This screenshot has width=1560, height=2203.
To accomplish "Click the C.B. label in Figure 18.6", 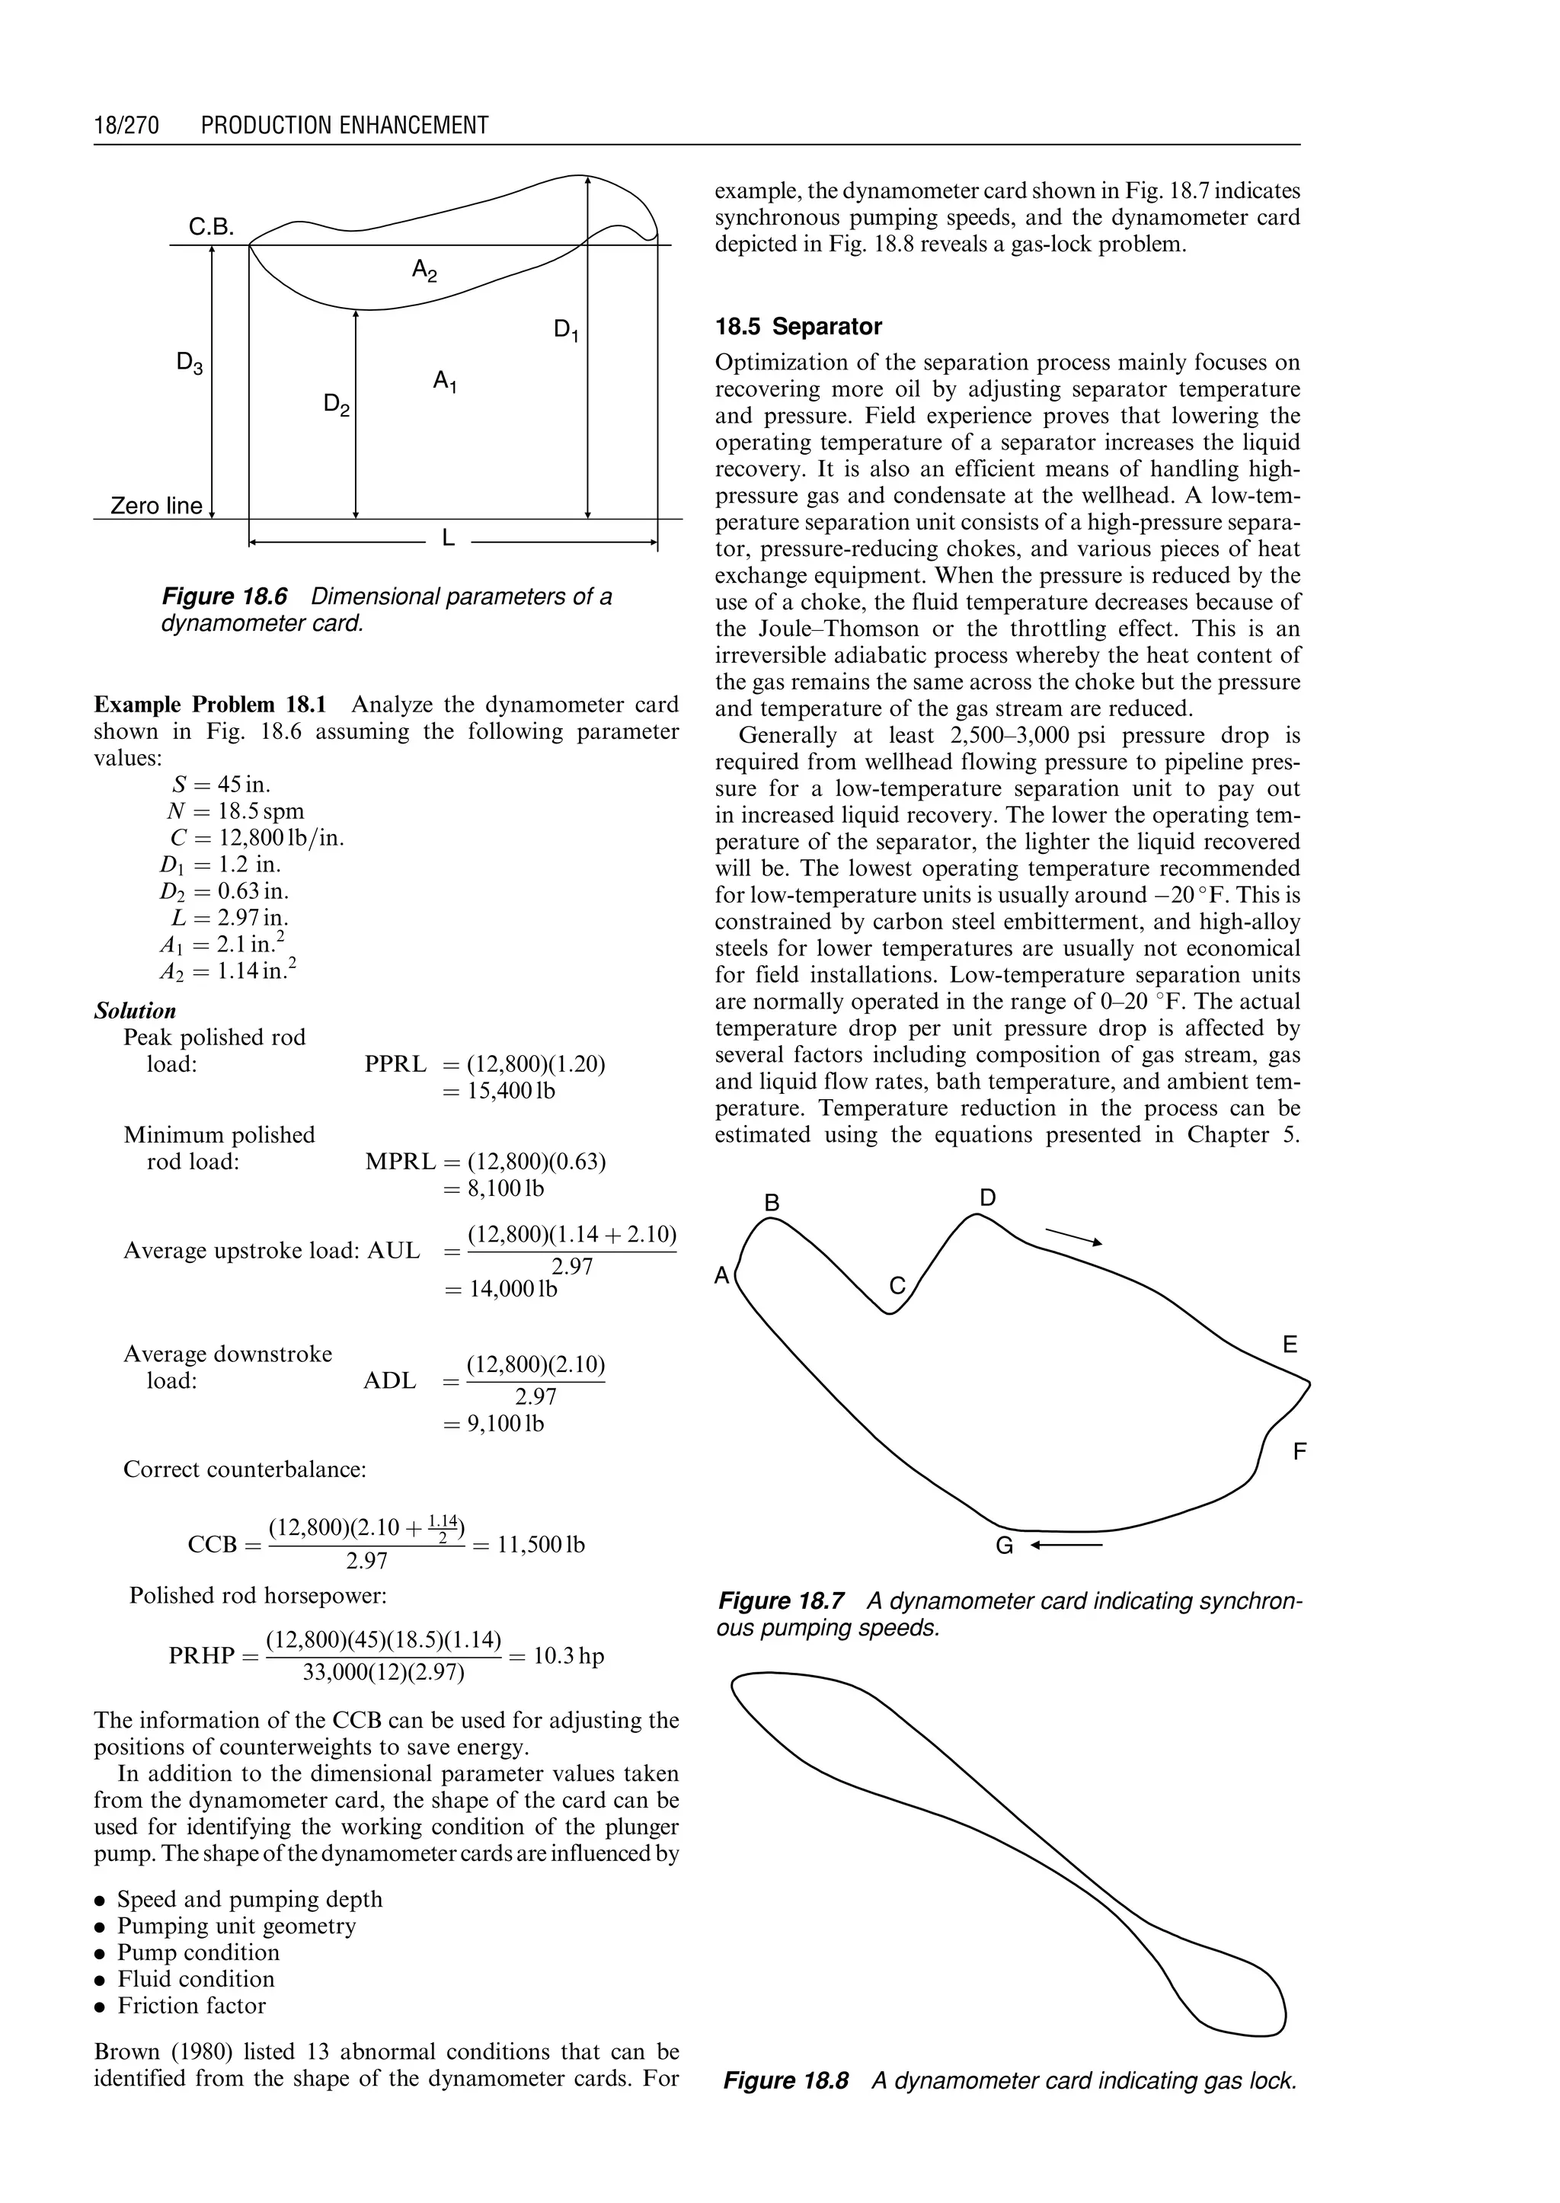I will pyautogui.click(x=211, y=228).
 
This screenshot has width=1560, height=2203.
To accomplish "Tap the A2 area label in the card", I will pyautogui.click(x=424, y=271).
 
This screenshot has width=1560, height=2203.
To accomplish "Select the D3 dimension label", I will pyautogui.click(x=189, y=363).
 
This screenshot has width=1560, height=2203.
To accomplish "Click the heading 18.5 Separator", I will pyautogui.click(x=798, y=327).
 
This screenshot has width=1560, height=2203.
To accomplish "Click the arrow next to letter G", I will pyautogui.click(x=1066, y=1546).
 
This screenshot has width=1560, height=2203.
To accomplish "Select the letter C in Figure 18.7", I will pyautogui.click(x=897, y=1286).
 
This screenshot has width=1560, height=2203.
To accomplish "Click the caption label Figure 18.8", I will pyautogui.click(x=786, y=2081).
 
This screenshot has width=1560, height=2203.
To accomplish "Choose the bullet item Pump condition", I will pyautogui.click(x=198, y=1952).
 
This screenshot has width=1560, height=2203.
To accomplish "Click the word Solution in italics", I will pyautogui.click(x=136, y=1011).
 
